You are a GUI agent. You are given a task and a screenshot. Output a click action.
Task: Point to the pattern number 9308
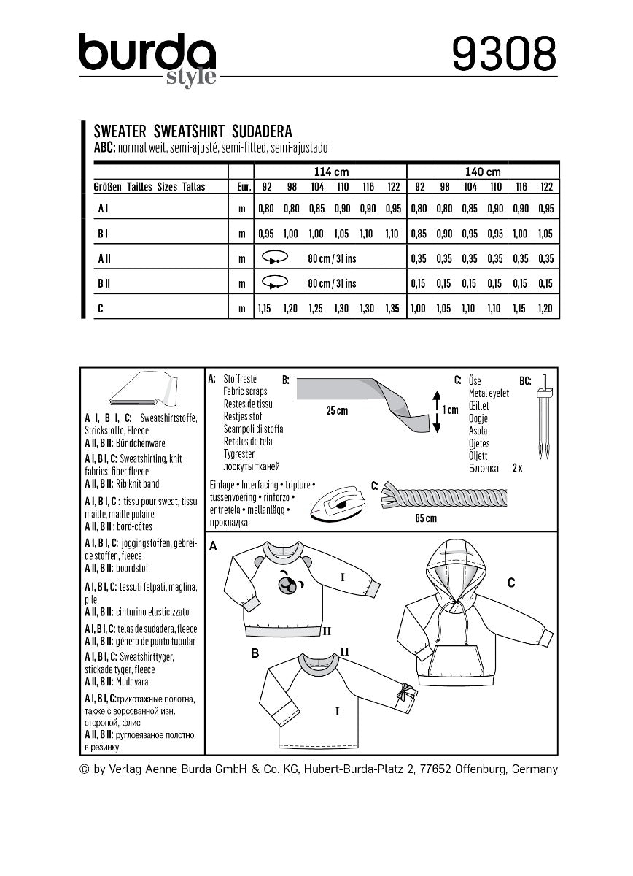tap(503, 55)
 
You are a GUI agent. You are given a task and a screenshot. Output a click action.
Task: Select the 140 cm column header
tap(483, 172)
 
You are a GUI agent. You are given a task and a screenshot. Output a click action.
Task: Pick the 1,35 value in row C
tap(394, 309)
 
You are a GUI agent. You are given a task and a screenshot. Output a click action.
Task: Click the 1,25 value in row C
tap(317, 309)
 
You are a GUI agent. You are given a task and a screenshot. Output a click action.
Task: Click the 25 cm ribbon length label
tap(337, 411)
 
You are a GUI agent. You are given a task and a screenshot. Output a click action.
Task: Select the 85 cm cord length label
tap(425, 518)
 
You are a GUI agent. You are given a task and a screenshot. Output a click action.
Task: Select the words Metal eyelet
tap(489, 393)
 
